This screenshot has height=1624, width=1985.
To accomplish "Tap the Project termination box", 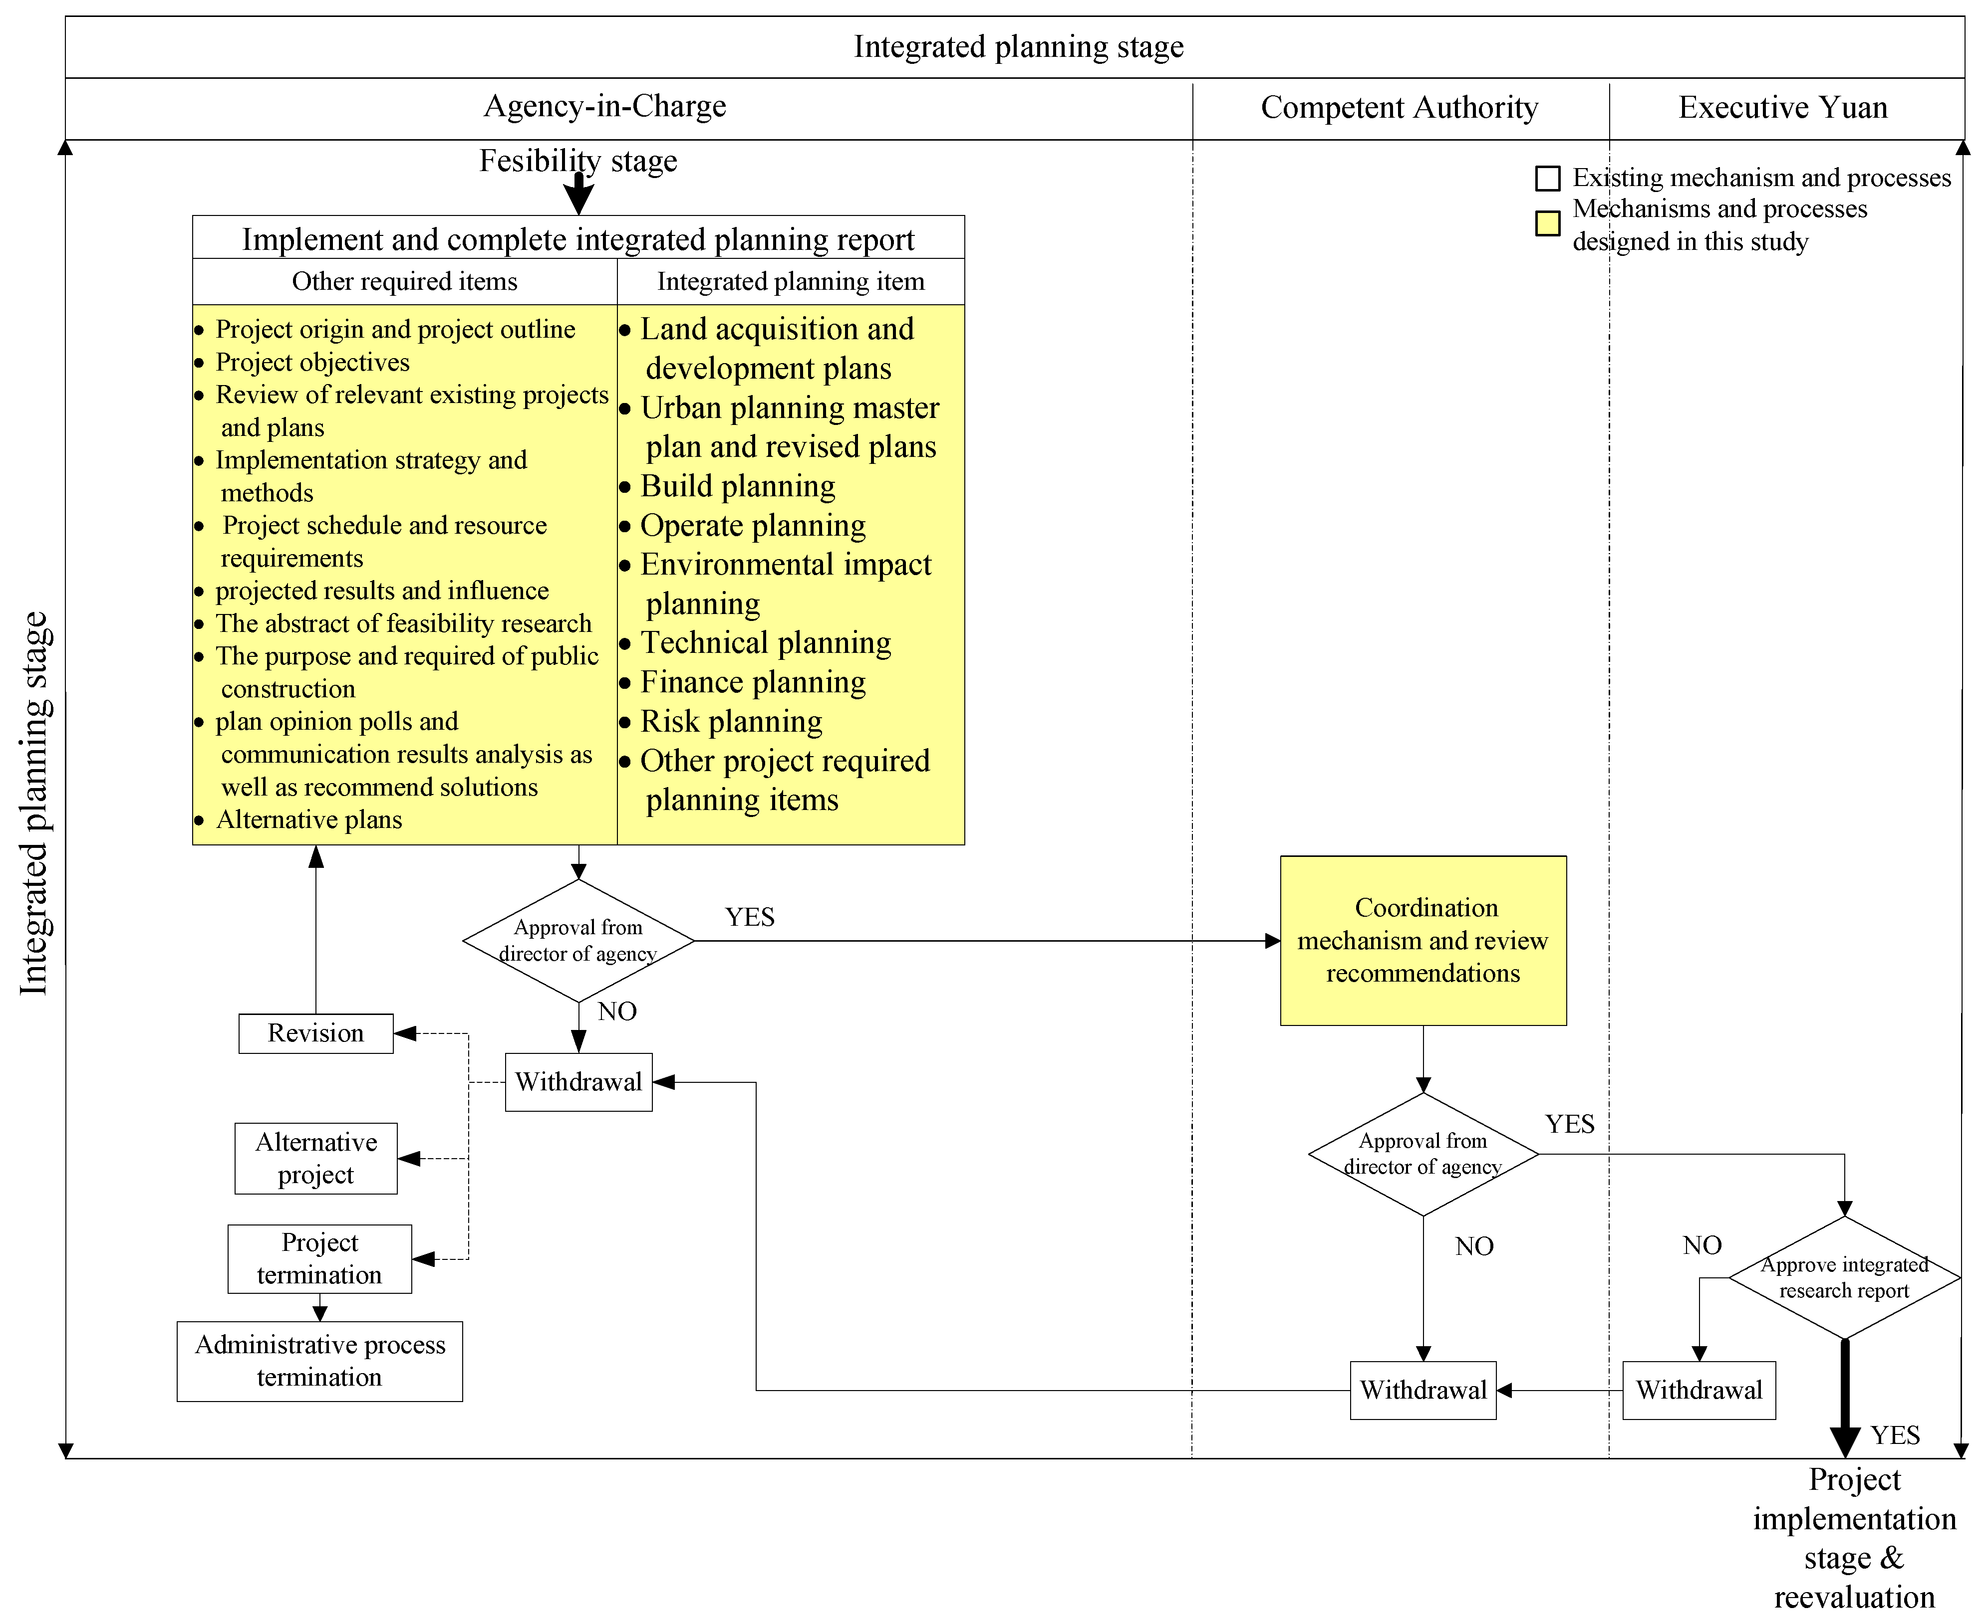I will [319, 1259].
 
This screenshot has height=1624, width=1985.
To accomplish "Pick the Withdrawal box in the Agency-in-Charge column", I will [578, 1082].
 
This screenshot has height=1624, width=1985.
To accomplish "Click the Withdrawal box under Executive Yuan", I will [1699, 1390].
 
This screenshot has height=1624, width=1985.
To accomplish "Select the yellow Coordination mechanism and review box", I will [1422, 940].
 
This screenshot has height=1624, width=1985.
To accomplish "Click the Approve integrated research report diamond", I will [1844, 1278].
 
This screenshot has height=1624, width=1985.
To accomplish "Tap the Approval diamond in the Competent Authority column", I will [1422, 1154].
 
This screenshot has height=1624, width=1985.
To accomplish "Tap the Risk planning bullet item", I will [731, 721].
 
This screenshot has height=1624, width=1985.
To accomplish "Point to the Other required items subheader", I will [404, 282].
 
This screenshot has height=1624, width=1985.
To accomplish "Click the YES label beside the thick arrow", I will [1895, 1435].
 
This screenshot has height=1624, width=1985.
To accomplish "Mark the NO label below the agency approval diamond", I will [617, 1011].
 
